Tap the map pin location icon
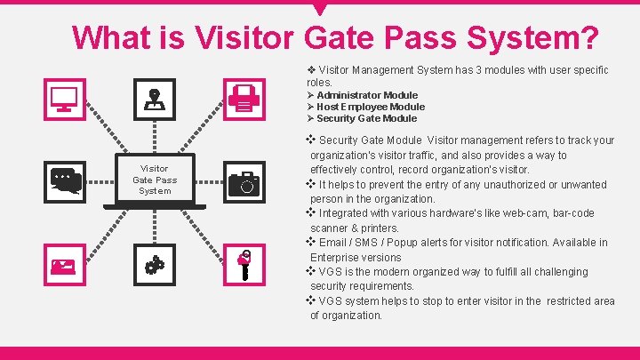(x=155, y=100)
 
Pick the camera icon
(x=244, y=182)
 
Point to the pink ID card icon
(x=64, y=263)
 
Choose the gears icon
(x=155, y=263)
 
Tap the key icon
(x=244, y=263)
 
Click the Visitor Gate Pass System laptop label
(x=155, y=180)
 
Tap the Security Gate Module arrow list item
(x=366, y=118)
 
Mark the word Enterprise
(x=335, y=257)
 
